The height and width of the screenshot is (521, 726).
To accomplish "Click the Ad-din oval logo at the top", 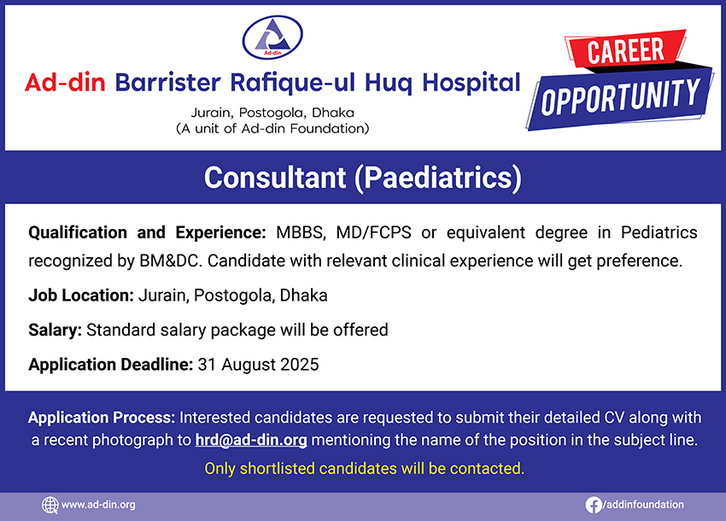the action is pos(272,37).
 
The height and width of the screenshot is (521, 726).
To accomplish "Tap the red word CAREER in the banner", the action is pos(625,50).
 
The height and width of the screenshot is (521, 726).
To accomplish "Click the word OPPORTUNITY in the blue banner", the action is pos(620,97).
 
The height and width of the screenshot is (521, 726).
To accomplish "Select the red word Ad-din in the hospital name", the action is pos(65,83).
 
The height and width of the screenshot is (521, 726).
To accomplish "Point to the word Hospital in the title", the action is pos(471,83).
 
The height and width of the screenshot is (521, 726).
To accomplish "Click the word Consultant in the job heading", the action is pos(275,178).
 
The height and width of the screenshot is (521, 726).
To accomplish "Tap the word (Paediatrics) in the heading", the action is pos(438,179).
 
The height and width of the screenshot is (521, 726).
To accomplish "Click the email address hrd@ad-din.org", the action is pos(251,440).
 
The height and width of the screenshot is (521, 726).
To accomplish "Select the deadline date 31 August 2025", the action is pos(258,365).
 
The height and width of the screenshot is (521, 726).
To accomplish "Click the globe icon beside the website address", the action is pos(50,505).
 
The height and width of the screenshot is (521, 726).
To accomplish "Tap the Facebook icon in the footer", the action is pos(593,505).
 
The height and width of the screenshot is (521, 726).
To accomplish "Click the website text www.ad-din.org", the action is pos(98,505).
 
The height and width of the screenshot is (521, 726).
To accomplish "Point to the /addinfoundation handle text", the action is pos(643,504).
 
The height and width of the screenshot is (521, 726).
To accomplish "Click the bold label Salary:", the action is pos(56,331).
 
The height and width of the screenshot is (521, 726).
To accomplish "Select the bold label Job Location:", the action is pos(81,296).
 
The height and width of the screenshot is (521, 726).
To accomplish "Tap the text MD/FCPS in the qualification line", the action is pos(373,232).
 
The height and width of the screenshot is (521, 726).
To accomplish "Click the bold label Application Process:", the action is pos(102,418).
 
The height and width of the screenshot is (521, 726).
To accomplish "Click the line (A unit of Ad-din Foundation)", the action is pos(272,128).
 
